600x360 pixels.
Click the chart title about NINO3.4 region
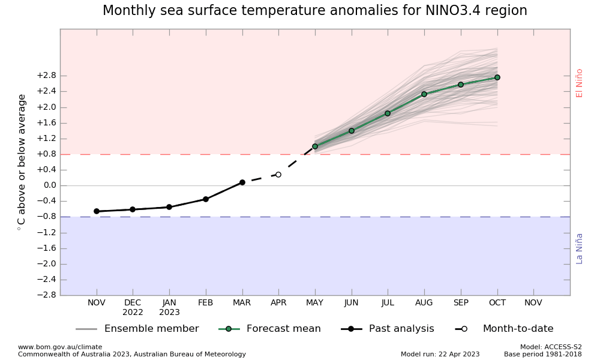(314, 11)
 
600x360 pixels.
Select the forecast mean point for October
(497, 77)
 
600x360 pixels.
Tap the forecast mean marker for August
(424, 94)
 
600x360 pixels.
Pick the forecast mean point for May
(315, 146)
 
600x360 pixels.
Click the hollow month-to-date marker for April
(278, 175)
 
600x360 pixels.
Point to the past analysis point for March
(242, 182)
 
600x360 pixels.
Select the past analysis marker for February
(206, 199)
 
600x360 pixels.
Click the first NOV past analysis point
(97, 211)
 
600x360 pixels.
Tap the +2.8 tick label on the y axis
(46, 76)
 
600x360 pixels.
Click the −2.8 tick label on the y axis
(46, 295)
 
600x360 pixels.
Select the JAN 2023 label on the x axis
(169, 307)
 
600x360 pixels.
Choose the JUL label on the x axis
(388, 303)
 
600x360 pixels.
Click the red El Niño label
(580, 83)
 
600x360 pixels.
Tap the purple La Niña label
(580, 248)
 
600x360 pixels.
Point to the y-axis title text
(22, 162)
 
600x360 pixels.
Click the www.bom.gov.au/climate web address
(60, 347)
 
